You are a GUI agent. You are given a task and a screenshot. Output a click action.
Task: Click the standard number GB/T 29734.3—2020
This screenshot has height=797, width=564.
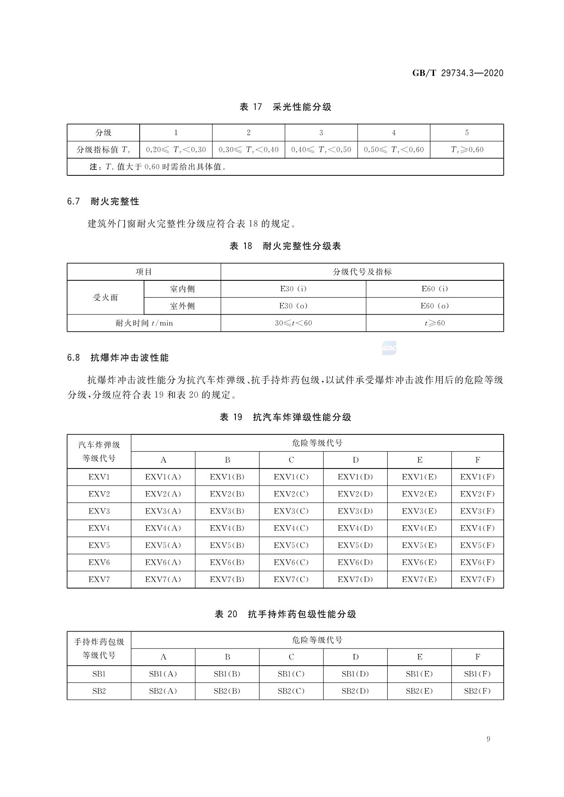pyautogui.click(x=458, y=73)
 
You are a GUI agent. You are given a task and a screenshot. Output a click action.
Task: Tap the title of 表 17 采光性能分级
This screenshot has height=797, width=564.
pyautogui.click(x=285, y=107)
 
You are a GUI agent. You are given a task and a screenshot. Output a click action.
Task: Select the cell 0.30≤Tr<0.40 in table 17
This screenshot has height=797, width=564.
pyautogui.click(x=249, y=149)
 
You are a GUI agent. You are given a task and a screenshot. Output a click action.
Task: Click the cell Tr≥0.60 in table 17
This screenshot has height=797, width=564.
pyautogui.click(x=467, y=149)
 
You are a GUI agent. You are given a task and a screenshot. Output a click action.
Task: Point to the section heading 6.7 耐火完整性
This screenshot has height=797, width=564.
pyautogui.click(x=103, y=201)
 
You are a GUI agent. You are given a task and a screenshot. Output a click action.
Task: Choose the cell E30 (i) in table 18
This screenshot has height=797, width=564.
pyautogui.click(x=293, y=289)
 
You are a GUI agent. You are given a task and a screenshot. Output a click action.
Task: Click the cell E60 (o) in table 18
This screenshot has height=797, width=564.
pyautogui.click(x=434, y=306)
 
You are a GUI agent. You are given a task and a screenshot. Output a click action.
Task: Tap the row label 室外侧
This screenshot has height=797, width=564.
pyautogui.click(x=182, y=306)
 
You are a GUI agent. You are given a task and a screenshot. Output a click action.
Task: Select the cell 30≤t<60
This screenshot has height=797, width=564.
pyautogui.click(x=293, y=323)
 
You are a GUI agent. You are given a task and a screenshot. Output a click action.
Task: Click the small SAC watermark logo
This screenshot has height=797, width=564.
pyautogui.click(x=389, y=349)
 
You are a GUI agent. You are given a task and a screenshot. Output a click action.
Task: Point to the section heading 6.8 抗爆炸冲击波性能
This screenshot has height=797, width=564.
pyautogui.click(x=118, y=358)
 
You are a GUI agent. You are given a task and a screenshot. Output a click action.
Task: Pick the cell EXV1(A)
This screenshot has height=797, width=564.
pyautogui.click(x=163, y=477)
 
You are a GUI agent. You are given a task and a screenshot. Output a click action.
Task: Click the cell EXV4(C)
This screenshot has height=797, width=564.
pyautogui.click(x=291, y=528)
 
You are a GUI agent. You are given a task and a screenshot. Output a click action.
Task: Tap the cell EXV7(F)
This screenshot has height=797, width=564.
pyautogui.click(x=477, y=579)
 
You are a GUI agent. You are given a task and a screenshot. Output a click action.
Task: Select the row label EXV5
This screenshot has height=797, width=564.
pyautogui.click(x=99, y=545)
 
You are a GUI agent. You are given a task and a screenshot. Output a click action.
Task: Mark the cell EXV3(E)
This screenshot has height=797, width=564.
pyautogui.click(x=419, y=511)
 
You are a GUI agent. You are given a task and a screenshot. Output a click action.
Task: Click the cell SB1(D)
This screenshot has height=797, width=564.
pyautogui.click(x=355, y=674)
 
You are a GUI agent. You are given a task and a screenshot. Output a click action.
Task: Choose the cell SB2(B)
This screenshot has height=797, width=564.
pyautogui.click(x=227, y=691)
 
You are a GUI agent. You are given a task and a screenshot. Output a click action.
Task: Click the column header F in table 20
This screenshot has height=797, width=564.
pyautogui.click(x=477, y=657)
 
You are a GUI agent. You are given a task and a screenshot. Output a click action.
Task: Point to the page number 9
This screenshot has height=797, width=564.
pyautogui.click(x=488, y=739)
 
